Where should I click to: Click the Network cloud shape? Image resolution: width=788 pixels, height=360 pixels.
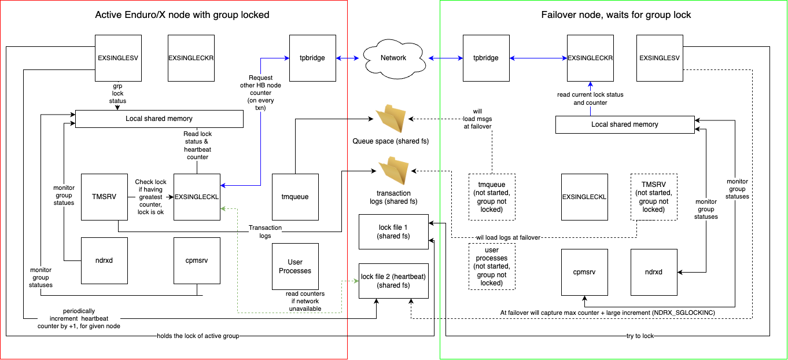coord(392,57)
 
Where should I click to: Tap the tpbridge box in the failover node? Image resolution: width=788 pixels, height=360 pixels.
coord(486,58)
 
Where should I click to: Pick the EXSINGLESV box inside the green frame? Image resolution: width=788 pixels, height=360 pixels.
coord(659,58)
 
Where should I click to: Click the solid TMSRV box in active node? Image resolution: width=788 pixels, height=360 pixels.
coord(104,197)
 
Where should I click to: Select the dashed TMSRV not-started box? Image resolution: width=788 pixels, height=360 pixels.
coord(654,197)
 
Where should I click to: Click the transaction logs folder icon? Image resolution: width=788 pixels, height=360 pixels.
coord(394,171)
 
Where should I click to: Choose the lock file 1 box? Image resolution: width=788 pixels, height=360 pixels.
coord(393,232)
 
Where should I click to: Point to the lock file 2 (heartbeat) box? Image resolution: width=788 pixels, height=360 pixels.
coord(393,280)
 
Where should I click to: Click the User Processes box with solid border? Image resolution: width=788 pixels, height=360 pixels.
coord(295,267)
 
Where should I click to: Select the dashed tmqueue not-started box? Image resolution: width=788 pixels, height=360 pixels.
coord(492,197)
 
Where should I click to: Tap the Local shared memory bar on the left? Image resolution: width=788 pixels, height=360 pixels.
coord(159,119)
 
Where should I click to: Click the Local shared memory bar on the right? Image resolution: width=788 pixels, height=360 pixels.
coord(624,124)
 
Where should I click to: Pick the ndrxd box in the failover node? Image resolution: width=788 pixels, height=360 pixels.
coord(654,272)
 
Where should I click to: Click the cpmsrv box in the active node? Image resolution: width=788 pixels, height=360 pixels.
coord(197,260)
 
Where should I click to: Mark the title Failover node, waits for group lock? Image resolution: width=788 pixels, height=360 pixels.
coord(613,14)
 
